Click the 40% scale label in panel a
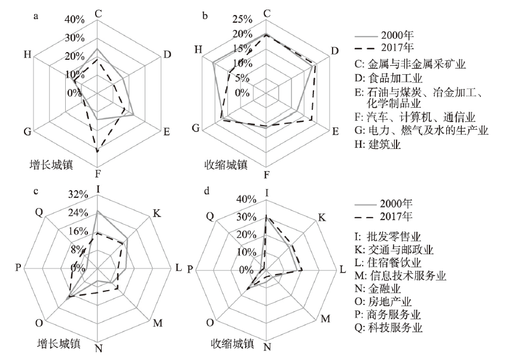[x=75, y=20]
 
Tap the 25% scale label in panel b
[x=242, y=19]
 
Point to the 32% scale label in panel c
[x=78, y=194]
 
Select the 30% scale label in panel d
[x=246, y=216]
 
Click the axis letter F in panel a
[x=97, y=174]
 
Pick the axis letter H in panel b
[x=198, y=50]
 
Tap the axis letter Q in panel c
[x=39, y=212]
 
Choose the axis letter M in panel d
[x=325, y=319]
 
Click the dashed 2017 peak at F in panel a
[x=97, y=151]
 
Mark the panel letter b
[x=205, y=16]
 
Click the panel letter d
[x=206, y=191]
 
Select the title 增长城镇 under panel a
[x=51, y=164]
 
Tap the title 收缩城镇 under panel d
[x=232, y=343]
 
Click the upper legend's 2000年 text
[x=397, y=35]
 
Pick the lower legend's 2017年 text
[x=397, y=216]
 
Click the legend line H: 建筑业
[x=377, y=144]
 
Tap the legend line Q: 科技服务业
[x=389, y=328]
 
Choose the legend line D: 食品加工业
[x=389, y=78]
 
